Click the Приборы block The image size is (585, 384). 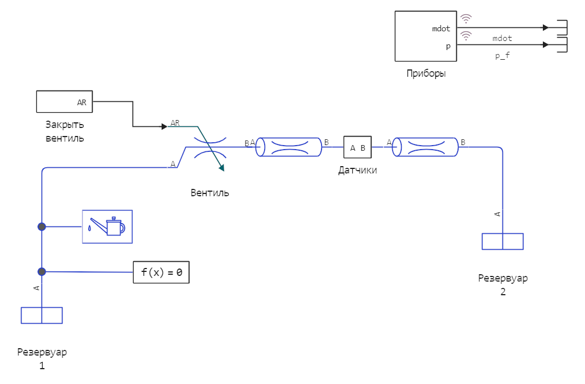(x=426, y=36)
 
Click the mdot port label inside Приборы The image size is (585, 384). (x=441, y=28)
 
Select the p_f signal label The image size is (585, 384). (x=502, y=55)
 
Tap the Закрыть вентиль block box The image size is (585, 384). (x=64, y=102)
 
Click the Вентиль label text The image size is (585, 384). (x=209, y=193)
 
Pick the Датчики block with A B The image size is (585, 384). (x=357, y=147)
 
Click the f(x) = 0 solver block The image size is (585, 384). (x=161, y=272)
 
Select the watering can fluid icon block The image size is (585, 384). (x=107, y=226)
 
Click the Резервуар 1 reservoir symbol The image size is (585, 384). (x=42, y=315)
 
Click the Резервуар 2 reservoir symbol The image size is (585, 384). (x=502, y=241)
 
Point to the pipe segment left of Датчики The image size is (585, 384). (x=289, y=147)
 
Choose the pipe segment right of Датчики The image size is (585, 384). (x=426, y=147)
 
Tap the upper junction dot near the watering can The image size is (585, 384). (x=42, y=226)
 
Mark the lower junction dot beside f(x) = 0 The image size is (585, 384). (x=42, y=271)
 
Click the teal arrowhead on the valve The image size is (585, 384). (x=221, y=168)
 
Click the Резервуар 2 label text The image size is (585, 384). (x=502, y=285)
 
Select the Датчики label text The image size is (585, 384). (x=357, y=170)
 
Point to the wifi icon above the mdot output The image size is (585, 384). (x=466, y=18)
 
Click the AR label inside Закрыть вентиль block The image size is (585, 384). (x=82, y=103)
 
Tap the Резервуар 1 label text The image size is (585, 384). (x=42, y=359)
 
